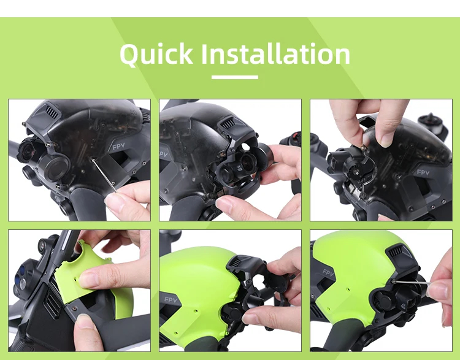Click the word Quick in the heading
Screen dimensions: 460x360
pos(156,54)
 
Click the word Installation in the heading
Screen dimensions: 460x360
pos(276,53)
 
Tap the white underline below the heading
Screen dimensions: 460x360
pos(235,77)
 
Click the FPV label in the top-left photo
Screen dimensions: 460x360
pos(118,146)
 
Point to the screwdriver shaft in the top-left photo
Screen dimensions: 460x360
pos(104,175)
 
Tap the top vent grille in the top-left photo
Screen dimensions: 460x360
pos(52,111)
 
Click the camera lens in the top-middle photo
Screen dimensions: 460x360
pos(247,161)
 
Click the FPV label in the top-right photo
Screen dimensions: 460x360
pos(423,172)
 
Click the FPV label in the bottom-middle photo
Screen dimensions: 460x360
pos(171,299)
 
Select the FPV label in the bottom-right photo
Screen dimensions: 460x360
pos(328,273)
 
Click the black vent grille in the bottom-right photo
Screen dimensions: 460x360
pos(396,252)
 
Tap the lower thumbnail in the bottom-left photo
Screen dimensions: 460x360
pos(84,321)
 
